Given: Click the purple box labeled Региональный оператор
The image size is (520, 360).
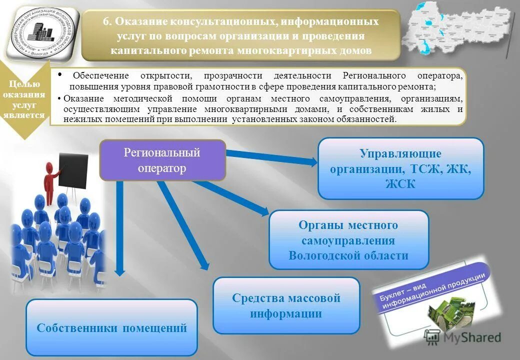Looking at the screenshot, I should coord(162,160).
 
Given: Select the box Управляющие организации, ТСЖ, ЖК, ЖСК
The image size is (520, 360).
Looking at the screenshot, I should coord(400,168).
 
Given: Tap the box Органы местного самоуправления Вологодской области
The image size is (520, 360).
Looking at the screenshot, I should coord(348,240).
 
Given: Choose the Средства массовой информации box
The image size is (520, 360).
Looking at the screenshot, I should coord(286,305).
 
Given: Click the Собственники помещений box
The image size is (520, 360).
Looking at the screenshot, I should coord(111,327).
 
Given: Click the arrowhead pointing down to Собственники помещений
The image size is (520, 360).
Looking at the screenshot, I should coord(119,270).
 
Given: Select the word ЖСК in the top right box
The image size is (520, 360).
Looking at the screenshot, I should coord(400,183).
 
